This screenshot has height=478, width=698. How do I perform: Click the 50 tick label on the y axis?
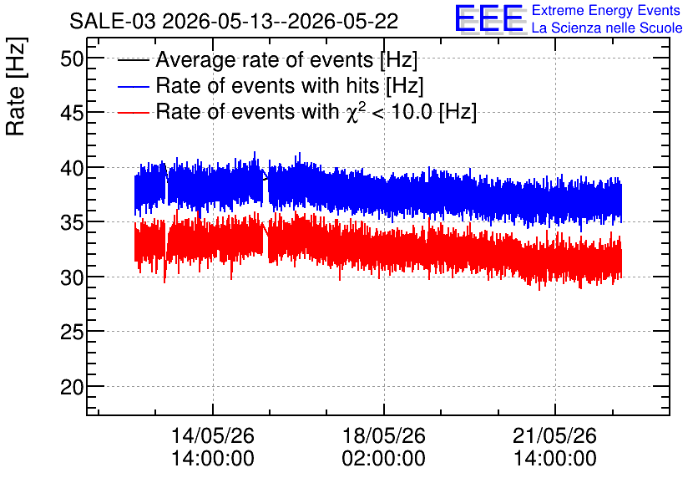72,58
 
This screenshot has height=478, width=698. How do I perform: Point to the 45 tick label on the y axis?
72,114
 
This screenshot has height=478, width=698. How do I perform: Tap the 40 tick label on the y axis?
72,169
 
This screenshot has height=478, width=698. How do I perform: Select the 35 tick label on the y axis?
72,223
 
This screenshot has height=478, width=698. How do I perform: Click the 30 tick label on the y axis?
72,278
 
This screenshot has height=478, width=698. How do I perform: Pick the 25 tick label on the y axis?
72,333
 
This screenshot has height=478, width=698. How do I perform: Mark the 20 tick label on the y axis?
72,388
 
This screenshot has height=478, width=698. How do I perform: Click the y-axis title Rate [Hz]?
16,86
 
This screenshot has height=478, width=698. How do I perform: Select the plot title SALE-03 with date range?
234,21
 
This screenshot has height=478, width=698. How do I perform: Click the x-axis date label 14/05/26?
213,435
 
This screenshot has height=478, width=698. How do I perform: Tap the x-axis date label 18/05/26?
384,435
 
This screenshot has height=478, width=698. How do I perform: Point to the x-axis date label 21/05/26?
554,435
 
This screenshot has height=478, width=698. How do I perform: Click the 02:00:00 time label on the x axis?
384,458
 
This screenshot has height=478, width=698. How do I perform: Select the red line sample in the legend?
133,112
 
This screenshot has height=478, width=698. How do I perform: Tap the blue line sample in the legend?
133,86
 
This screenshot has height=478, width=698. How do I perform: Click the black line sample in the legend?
133,60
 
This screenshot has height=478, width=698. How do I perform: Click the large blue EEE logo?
489,18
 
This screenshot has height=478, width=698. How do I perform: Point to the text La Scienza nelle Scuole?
607,28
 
